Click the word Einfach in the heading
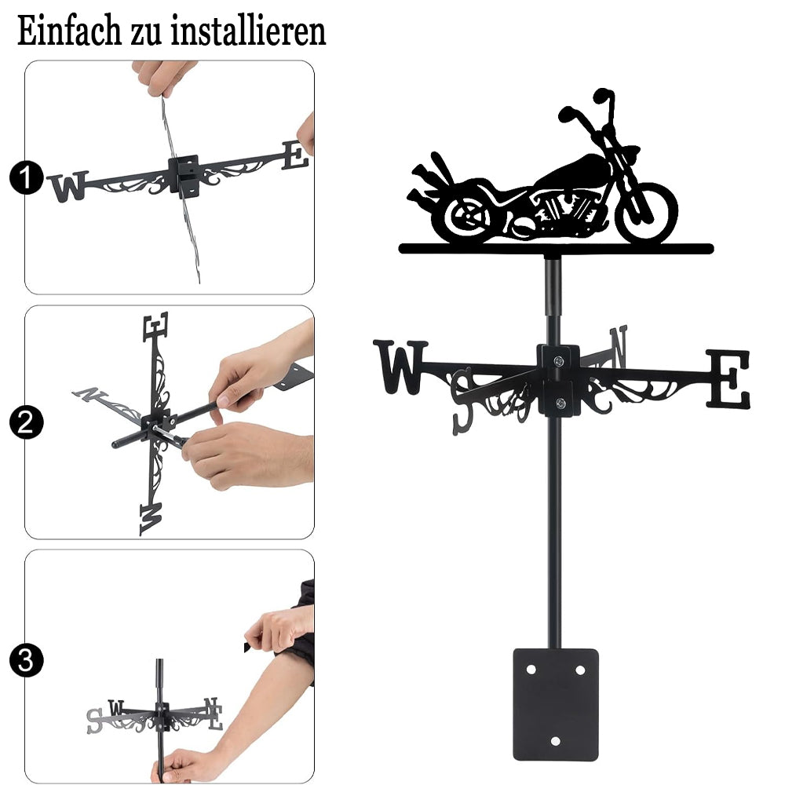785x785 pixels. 69,31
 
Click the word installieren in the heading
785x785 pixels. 248,31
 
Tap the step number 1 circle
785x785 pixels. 26,177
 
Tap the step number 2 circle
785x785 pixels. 26,422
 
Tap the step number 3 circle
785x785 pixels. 26,660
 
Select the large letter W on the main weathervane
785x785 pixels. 400,366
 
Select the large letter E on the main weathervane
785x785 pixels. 728,379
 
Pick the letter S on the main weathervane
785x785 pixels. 462,400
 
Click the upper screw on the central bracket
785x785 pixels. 559,360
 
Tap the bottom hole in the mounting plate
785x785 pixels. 555,742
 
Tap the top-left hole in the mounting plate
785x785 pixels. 531,670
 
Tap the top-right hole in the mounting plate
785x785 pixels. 580,670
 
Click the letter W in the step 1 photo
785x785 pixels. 68,186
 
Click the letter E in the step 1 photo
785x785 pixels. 295,155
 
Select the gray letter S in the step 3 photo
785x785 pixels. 94,721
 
